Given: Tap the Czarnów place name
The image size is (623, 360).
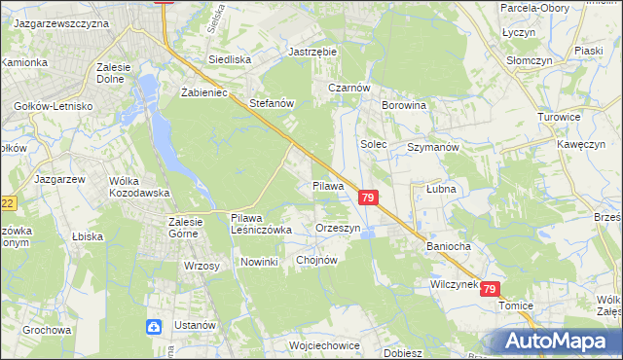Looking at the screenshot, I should (x=348, y=87).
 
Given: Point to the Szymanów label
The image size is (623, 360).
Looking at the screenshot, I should (x=433, y=146).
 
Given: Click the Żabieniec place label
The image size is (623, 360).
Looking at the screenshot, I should (x=203, y=93).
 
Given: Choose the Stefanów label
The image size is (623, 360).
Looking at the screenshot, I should (x=272, y=102).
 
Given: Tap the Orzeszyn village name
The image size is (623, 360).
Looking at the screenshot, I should (x=339, y=228).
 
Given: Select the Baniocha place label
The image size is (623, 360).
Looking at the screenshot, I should (x=448, y=246).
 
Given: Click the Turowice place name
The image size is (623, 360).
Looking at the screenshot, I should (x=558, y=117).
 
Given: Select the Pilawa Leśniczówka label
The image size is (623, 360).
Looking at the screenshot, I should (x=261, y=224).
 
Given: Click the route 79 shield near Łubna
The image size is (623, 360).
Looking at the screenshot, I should (x=367, y=198).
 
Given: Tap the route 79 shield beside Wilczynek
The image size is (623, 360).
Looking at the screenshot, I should (x=490, y=289).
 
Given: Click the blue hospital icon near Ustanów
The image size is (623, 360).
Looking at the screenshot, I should (x=155, y=327).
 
